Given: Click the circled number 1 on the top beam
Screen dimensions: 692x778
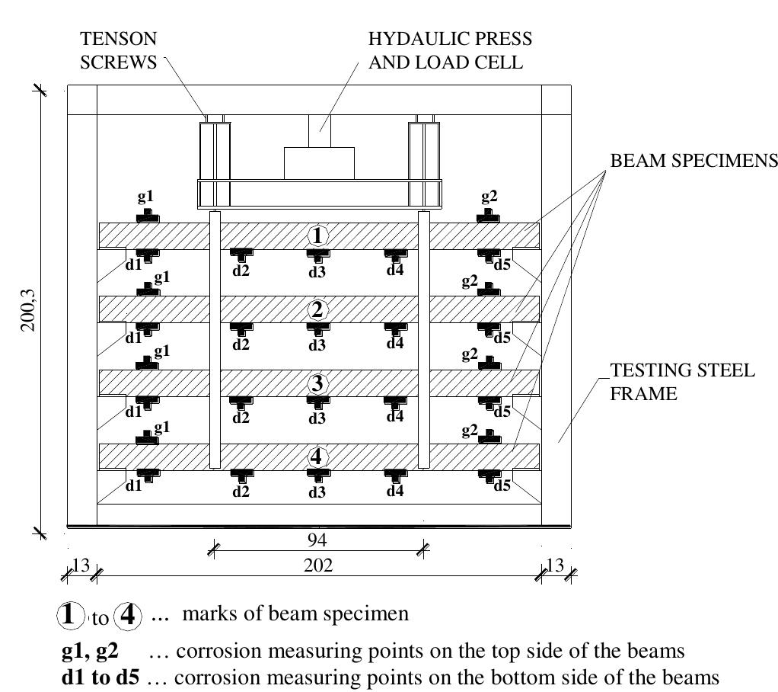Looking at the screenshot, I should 317,236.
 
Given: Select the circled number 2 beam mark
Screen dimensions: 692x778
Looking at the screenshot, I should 317,310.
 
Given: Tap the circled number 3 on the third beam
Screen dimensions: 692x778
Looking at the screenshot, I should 317,383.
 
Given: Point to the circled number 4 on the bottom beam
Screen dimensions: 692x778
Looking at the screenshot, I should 317,457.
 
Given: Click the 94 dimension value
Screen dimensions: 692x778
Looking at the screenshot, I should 317,540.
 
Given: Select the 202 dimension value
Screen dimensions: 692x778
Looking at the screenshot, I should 317,565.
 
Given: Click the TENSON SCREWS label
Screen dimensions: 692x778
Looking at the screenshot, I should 120,50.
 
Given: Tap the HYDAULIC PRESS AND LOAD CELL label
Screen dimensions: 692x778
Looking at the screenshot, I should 450,50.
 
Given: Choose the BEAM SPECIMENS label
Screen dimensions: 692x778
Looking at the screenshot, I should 693,161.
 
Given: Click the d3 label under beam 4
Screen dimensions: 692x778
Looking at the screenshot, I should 317,492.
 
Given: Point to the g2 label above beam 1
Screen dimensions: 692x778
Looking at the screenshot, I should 489,197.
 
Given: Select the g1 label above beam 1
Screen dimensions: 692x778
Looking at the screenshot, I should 145,197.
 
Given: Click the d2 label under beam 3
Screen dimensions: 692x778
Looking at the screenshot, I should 241,417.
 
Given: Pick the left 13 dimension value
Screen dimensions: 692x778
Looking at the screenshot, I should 80,565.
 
